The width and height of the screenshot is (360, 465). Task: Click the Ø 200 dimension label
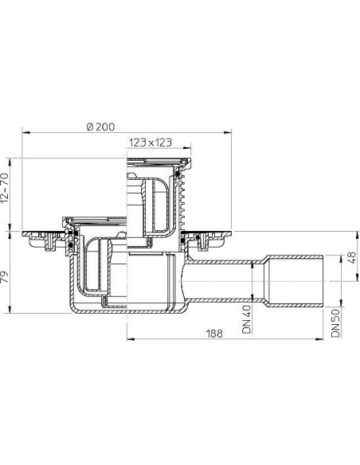click(100, 127)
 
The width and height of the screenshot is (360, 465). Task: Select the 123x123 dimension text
click(150, 143)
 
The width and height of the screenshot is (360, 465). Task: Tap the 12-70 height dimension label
click(6, 188)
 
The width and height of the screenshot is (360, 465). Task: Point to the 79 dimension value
click(5, 278)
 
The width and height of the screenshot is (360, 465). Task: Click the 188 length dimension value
click(214, 334)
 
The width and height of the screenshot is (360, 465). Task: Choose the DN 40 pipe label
click(246, 319)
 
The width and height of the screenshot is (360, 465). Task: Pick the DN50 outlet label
click(335, 323)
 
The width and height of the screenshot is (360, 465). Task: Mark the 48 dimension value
click(351, 258)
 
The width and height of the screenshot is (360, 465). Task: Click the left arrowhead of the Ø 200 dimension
click(25, 132)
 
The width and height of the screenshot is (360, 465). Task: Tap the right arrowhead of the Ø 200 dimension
click(228, 132)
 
